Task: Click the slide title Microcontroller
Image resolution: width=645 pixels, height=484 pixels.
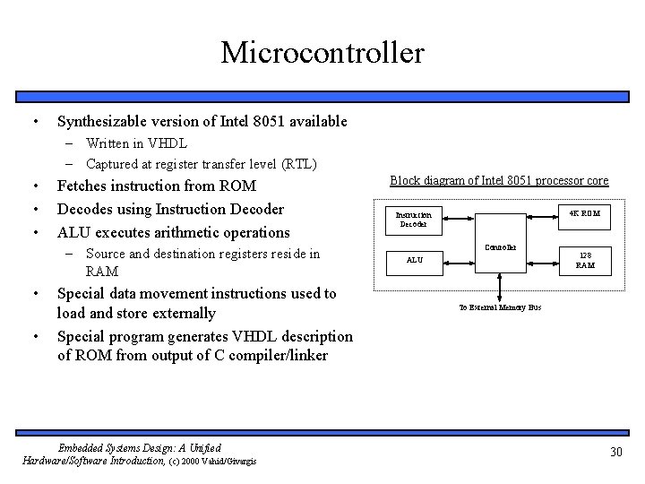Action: click(x=322, y=52)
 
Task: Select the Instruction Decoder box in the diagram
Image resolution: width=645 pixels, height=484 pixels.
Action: click(x=414, y=219)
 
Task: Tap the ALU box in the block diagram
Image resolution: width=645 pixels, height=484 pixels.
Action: click(x=414, y=261)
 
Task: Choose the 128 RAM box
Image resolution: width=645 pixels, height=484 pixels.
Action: click(x=584, y=261)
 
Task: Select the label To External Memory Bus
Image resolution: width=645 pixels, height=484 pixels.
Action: click(x=500, y=307)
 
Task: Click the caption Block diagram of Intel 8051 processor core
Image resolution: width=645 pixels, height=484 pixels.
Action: click(x=499, y=181)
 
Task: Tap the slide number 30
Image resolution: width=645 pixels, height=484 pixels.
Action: click(x=615, y=452)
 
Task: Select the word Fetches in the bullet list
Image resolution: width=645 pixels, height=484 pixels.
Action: click(x=83, y=186)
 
